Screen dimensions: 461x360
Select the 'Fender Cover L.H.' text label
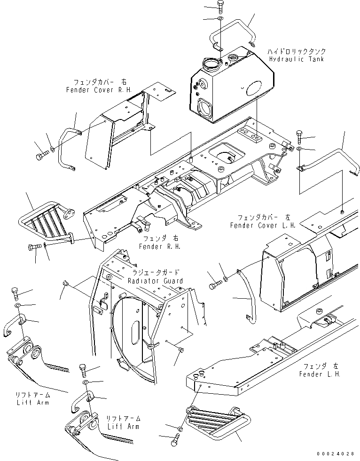pyautogui.click(x=263, y=225)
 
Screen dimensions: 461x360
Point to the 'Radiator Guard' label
pyautogui.click(x=155, y=281)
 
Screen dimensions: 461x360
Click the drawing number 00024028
pyautogui.click(x=335, y=454)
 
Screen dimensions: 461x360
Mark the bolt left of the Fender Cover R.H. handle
pyautogui.click(x=40, y=154)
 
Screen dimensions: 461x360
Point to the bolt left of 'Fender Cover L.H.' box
pyautogui.click(x=215, y=285)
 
